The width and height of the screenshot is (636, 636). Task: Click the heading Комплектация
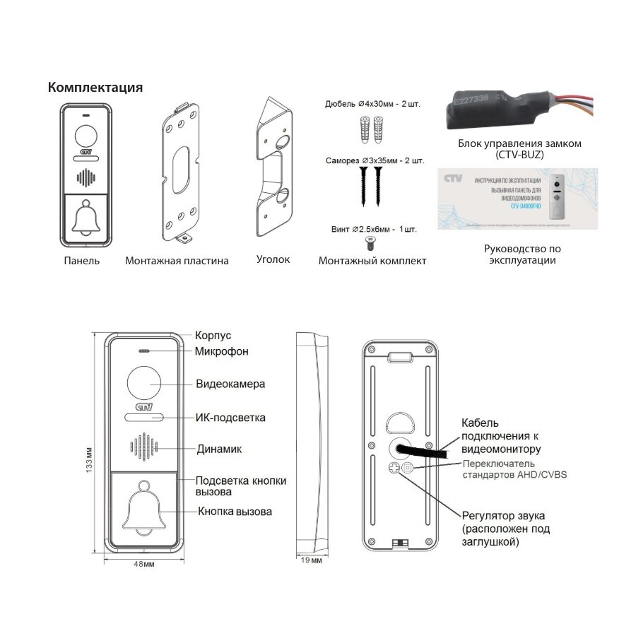[x=95, y=88]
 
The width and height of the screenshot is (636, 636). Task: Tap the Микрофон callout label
[x=222, y=351]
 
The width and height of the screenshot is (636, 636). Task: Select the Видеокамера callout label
[x=230, y=384]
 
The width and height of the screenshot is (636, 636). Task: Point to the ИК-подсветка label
[x=230, y=418]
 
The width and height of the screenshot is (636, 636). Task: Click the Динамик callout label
[x=219, y=449]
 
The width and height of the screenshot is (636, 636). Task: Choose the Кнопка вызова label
[x=235, y=512]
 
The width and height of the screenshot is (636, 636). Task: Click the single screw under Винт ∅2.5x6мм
[x=370, y=242]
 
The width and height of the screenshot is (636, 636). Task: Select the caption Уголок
[x=273, y=259]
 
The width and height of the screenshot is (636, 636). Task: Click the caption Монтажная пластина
[x=177, y=261]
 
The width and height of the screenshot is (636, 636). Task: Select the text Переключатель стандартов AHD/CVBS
[x=514, y=469]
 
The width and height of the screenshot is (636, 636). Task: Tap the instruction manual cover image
[x=516, y=198]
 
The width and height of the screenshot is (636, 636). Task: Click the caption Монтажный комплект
[x=372, y=261]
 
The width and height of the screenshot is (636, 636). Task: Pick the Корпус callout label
[x=213, y=336]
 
